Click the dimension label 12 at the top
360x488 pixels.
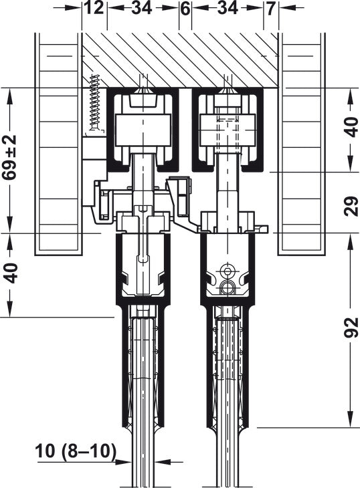coord(94,8)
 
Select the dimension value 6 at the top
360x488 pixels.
coord(185,9)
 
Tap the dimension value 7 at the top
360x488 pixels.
coord(270,9)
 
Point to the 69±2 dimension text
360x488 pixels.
coord(9,158)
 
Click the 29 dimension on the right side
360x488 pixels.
coord(351,206)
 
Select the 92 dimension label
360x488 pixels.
coord(351,328)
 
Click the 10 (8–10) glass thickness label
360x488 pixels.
coord(76,451)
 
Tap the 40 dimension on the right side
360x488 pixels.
coord(351,127)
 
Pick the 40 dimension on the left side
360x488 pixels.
coord(11,273)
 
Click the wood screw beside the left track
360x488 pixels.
coord(95,103)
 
